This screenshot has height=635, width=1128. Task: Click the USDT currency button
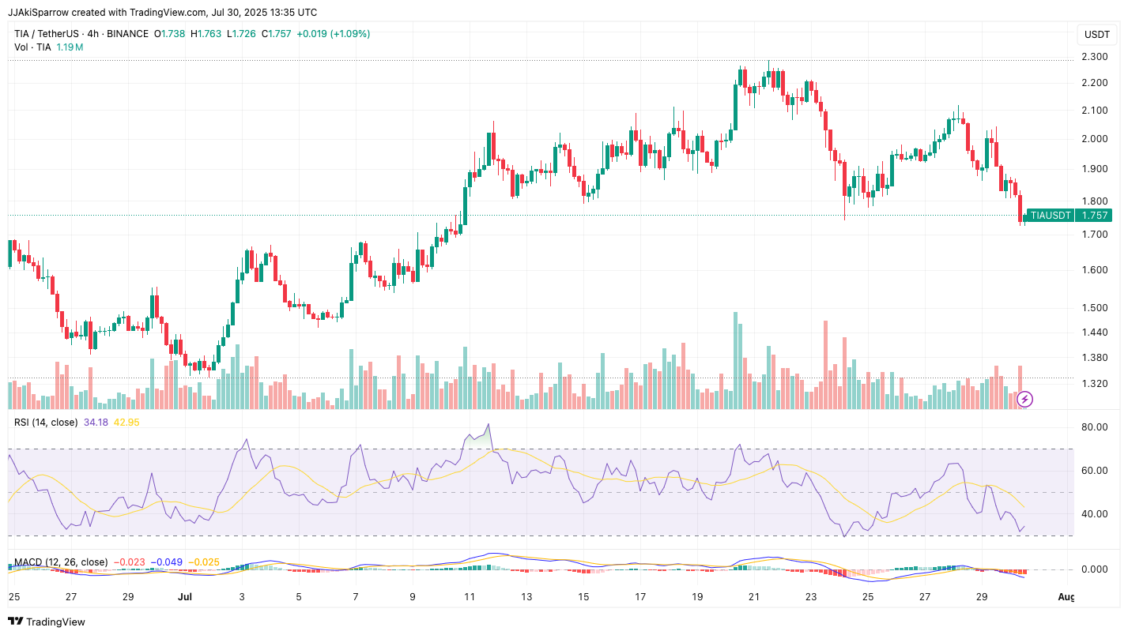tap(1097, 35)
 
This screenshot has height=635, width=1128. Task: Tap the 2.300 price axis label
tap(1094, 57)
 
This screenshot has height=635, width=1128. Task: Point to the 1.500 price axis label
tap(1094, 308)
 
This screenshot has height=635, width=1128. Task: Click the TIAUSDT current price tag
tap(1069, 215)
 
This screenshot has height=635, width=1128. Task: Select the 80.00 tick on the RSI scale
tap(1095, 427)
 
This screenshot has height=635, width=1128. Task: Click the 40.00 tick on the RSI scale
tap(1095, 514)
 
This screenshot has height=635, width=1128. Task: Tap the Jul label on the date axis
tap(185, 596)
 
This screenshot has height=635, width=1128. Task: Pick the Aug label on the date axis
tap(1066, 596)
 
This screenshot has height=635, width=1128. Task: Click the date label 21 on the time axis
tap(753, 596)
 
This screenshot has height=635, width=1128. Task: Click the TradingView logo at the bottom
tap(47, 622)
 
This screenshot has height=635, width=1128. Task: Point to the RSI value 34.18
tap(96, 423)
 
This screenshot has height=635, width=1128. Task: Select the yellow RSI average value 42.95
tap(126, 423)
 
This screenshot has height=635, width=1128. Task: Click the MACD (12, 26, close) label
tap(61, 562)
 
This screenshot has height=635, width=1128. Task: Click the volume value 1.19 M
tap(70, 47)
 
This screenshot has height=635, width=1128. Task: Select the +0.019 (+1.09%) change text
tap(333, 34)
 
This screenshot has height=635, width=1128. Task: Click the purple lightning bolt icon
tap(1024, 399)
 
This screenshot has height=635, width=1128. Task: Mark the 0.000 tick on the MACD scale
tap(1095, 569)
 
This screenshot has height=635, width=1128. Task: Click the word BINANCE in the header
tap(127, 34)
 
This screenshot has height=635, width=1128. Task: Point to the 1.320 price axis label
tap(1094, 385)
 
